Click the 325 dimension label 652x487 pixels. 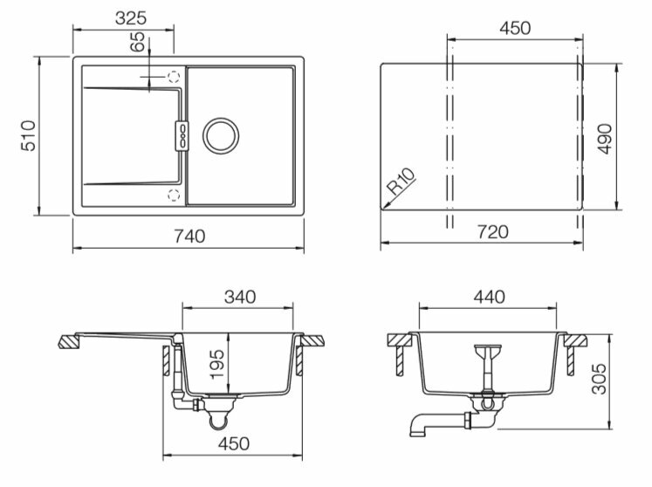pos(130,17)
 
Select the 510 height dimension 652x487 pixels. pos(28,136)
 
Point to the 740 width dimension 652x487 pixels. pos(189,235)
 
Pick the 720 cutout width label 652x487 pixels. pos(492,232)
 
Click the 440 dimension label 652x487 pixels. pos(490,297)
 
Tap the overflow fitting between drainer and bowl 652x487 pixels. pos(182,134)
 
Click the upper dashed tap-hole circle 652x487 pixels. pos(173,77)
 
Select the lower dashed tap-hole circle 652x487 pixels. pos(173,193)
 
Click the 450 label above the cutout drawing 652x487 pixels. pos(515,28)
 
